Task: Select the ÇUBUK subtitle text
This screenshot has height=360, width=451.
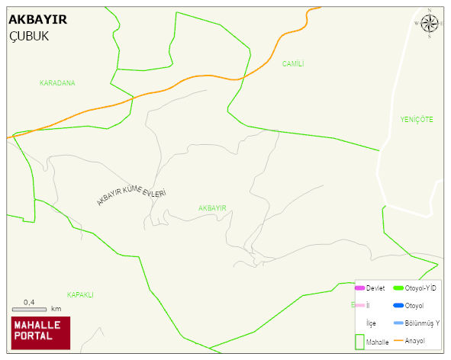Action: tap(28, 36)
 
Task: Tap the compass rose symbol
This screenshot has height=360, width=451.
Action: tap(430, 24)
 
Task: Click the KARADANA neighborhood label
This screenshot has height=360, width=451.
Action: tap(57, 82)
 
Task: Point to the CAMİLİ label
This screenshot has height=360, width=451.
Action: tap(292, 64)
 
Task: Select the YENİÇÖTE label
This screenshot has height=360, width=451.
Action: tap(416, 120)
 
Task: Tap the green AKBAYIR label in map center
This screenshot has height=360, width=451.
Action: tap(212, 208)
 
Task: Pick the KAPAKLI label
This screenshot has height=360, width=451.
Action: tap(79, 294)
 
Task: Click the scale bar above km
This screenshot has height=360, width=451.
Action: tap(29, 309)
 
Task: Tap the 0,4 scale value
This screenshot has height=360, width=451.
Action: tap(29, 302)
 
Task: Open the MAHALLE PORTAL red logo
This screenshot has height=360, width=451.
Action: tap(40, 333)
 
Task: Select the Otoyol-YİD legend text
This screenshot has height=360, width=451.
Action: tap(420, 288)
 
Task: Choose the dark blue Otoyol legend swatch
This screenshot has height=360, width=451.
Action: tap(398, 306)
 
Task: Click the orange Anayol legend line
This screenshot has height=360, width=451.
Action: tap(398, 340)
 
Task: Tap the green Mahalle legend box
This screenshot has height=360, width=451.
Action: tap(359, 341)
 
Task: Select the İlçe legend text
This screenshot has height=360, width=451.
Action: tap(371, 323)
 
